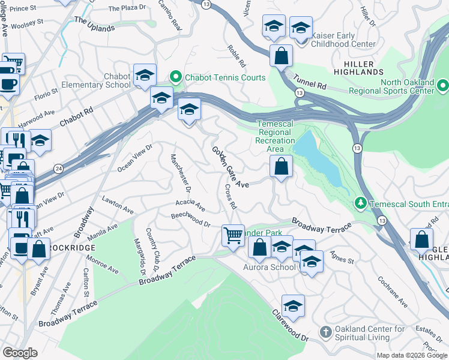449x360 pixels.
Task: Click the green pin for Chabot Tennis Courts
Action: (x=176, y=77)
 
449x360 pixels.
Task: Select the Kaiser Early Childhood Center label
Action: (x=345, y=40)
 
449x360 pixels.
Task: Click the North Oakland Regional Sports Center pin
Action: (x=442, y=86)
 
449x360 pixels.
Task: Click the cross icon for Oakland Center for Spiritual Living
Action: (x=325, y=332)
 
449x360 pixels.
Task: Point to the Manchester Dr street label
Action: (x=180, y=173)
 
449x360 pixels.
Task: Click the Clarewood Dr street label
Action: (x=290, y=326)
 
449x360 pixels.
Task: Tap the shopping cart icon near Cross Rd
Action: (x=233, y=235)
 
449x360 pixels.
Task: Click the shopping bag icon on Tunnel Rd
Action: (x=280, y=56)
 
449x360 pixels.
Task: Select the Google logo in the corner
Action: (x=20, y=352)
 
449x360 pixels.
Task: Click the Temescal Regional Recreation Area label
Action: (x=276, y=136)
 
